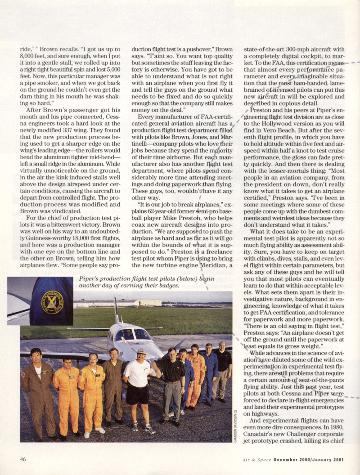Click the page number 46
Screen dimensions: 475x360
[23, 458]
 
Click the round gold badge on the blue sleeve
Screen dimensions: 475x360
[53, 302]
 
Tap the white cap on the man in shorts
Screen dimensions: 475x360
[141, 351]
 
